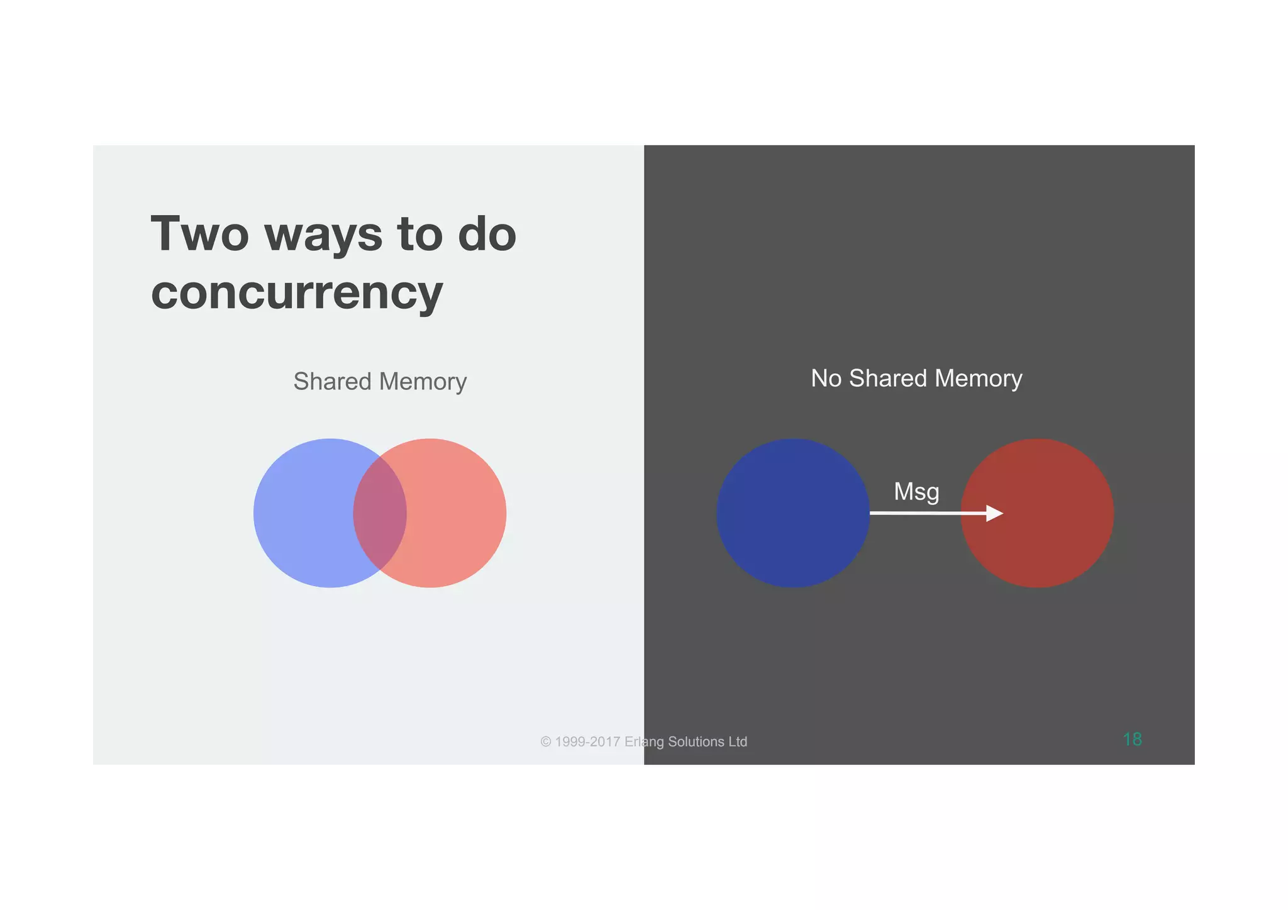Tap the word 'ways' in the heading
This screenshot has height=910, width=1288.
coord(323,235)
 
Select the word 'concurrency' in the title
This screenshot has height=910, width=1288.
coord(297,293)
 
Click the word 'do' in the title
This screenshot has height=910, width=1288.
coord(487,234)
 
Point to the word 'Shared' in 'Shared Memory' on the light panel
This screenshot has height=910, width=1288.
coord(333,382)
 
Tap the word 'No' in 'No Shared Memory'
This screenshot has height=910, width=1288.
coord(826,379)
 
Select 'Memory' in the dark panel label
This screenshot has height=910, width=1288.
coord(979,379)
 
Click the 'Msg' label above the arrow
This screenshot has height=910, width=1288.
coord(916,491)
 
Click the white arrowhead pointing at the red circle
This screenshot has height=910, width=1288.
coord(994,513)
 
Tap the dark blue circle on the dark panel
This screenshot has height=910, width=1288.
coord(792,513)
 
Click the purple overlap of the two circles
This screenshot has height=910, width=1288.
coord(380,513)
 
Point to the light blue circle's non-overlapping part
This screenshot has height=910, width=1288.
coord(302,513)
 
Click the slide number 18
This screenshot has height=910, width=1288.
coord(1132,740)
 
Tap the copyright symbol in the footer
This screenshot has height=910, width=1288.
coord(546,742)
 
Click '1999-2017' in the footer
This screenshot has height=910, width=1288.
coord(587,742)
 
